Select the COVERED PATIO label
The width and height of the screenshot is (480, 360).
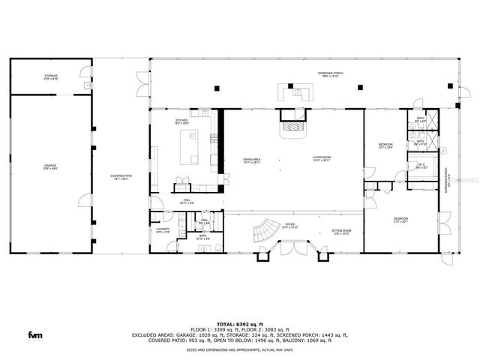(121, 177)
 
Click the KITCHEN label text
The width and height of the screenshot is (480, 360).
(181, 121)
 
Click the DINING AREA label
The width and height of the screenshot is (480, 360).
(252, 159)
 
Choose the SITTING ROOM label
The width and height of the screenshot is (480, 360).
(341, 232)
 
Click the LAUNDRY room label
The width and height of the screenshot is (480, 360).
(163, 231)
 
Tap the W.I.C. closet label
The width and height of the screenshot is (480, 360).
(420, 167)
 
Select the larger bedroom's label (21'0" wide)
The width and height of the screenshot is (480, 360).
(401, 220)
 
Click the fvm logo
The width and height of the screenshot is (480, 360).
(34, 334)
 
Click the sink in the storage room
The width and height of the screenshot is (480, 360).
(88, 85)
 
